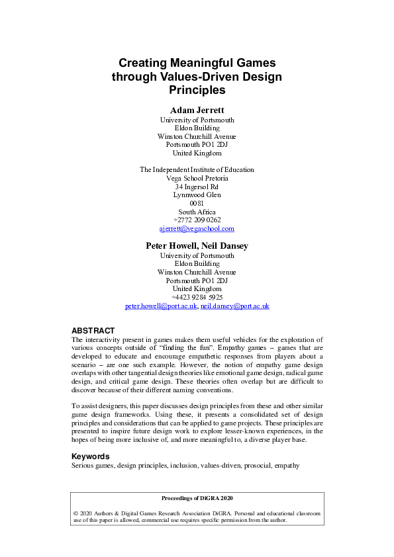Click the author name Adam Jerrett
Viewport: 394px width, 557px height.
197,109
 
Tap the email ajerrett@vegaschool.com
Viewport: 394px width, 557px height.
197,229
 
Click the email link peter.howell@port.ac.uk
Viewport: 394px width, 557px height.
161,306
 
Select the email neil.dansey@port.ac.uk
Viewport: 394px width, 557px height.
235,306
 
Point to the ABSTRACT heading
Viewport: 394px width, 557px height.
93,331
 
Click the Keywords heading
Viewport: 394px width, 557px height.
90,456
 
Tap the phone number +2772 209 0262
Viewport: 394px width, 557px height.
197,220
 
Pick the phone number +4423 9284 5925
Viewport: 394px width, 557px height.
197,298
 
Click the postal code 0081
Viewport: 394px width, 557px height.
197,203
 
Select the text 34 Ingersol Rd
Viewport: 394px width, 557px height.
197,187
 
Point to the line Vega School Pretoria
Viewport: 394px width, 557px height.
197,178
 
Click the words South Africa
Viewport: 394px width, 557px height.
197,212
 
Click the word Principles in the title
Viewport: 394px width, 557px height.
197,90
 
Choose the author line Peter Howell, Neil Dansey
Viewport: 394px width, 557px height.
197,246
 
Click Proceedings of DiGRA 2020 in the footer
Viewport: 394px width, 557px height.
197,498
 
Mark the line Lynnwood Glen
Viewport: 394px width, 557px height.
197,195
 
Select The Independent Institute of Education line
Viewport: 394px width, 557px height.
197,169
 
